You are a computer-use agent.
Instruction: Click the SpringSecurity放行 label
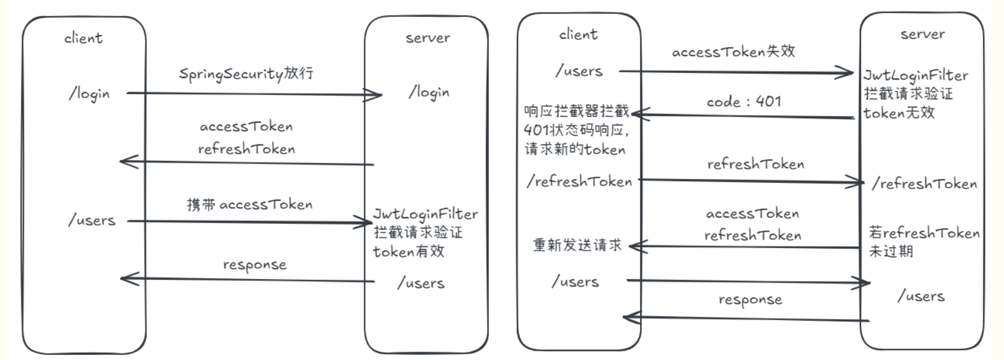[246, 74]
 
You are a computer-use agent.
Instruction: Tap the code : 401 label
[743, 101]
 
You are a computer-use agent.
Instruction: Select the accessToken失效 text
[733, 52]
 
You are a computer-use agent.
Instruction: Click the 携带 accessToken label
[249, 205]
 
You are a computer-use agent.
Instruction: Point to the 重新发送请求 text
[577, 245]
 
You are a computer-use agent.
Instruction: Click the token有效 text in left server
[409, 251]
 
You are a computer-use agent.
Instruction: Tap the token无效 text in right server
[899, 113]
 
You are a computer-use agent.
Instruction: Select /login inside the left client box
[89, 94]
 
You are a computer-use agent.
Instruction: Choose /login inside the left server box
[429, 92]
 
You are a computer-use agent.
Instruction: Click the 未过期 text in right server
[891, 251]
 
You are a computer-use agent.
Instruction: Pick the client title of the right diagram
[578, 35]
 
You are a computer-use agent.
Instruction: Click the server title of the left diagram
[428, 38]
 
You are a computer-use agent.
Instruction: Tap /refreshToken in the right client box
[579, 181]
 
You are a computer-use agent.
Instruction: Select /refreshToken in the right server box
[924, 184]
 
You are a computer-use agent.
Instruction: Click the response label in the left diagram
[255, 265]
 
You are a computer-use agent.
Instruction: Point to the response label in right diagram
[750, 300]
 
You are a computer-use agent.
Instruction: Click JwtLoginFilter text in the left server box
[425, 214]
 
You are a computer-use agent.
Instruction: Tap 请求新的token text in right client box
[575, 149]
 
